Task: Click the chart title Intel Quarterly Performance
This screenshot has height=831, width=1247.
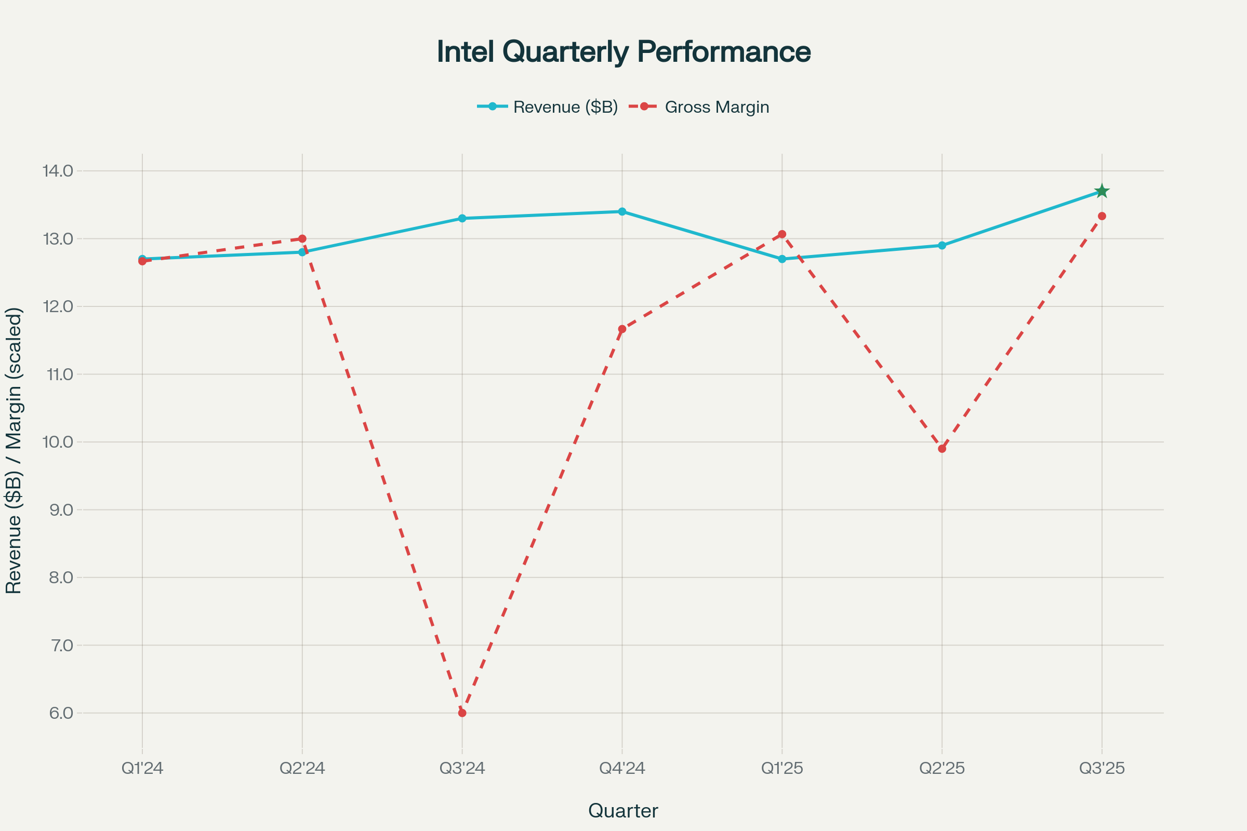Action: pyautogui.click(x=623, y=52)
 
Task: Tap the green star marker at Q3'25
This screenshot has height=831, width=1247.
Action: pyautogui.click(x=1102, y=191)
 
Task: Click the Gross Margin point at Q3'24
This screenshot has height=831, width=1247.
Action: pyautogui.click(x=462, y=713)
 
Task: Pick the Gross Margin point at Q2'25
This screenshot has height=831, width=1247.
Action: pyautogui.click(x=942, y=449)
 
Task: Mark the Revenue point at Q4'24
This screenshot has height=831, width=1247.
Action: pyautogui.click(x=622, y=211)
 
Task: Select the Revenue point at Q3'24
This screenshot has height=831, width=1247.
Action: pyautogui.click(x=462, y=218)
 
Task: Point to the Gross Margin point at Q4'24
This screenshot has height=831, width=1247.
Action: pyautogui.click(x=622, y=329)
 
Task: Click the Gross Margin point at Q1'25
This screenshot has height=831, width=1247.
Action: pyautogui.click(x=782, y=234)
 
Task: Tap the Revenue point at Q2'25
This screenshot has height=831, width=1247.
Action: pyautogui.click(x=942, y=245)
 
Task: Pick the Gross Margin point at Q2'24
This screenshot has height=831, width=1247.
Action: pyautogui.click(x=302, y=239)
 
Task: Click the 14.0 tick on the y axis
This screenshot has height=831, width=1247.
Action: pyautogui.click(x=58, y=171)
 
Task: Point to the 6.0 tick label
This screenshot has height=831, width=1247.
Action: pyautogui.click(x=60, y=713)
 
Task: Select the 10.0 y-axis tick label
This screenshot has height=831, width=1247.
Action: pyautogui.click(x=58, y=442)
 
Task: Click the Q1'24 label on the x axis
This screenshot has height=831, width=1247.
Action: pyautogui.click(x=142, y=768)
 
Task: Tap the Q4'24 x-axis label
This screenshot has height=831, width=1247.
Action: pyautogui.click(x=622, y=768)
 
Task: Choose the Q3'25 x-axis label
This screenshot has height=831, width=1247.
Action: pyautogui.click(x=1102, y=768)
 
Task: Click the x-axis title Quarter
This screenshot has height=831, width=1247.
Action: pyautogui.click(x=623, y=811)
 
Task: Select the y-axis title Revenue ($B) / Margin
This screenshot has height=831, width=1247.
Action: pyautogui.click(x=14, y=450)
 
